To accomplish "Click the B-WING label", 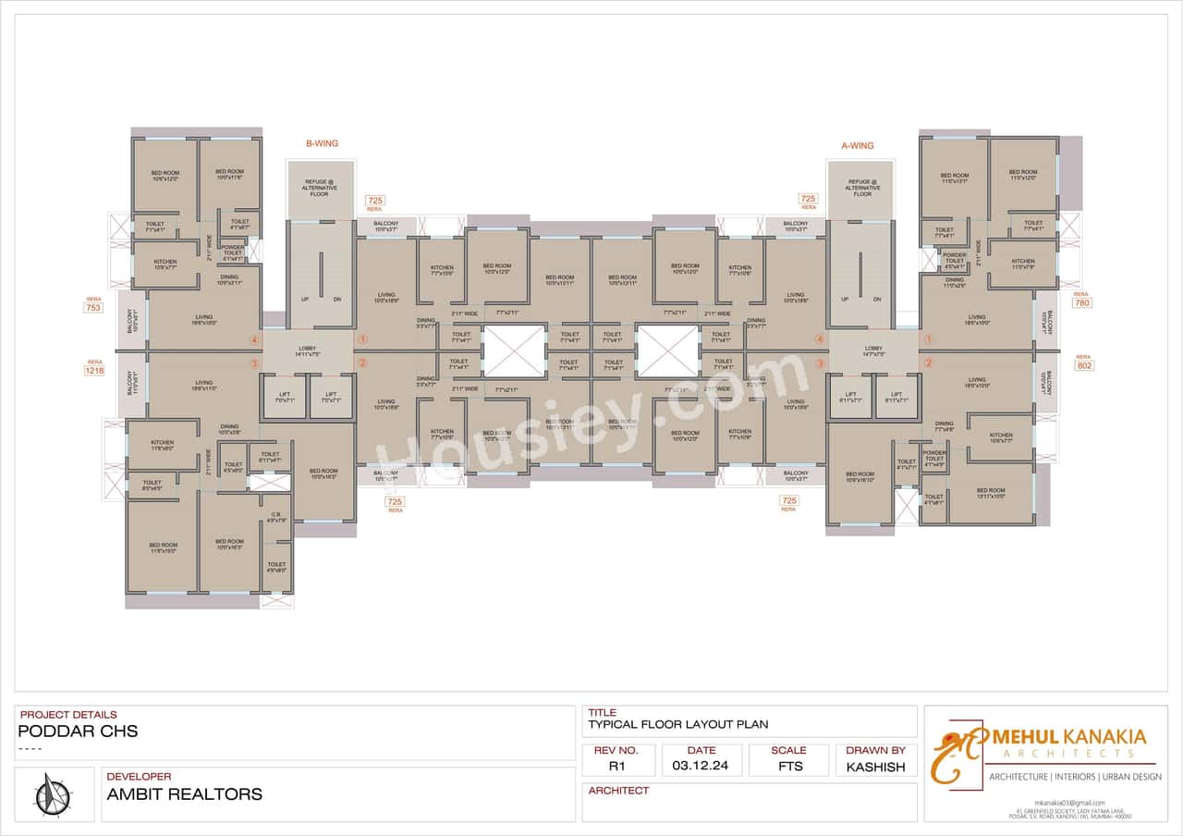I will coord(322,144).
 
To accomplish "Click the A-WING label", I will coord(857,145).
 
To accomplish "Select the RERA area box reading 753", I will coord(93,307).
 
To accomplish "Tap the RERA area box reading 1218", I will coord(94,370).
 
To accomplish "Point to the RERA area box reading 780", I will coord(1082,303).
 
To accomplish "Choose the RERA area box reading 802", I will coord(1084,365).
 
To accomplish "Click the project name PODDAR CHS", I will coord(78,731).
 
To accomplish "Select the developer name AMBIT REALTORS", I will coord(184,793).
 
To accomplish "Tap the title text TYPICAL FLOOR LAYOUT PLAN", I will coord(678,725).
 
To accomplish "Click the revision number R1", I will coord(617,766).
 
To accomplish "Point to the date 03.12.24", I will coord(701,766).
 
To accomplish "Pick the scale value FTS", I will coord(789,766).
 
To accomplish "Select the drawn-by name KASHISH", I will coord(875,767).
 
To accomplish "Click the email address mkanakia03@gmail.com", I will coord(1069,802).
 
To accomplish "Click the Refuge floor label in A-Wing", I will coord(862,188).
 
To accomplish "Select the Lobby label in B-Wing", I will coord(308,351).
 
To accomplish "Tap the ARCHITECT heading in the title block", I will coord(618,791).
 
